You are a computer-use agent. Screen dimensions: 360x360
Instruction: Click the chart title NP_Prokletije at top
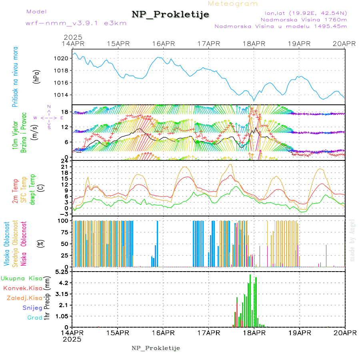coord(170,14)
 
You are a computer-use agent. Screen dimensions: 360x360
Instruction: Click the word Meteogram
coord(233,4)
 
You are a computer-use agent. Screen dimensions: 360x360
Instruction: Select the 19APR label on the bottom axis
coord(299,332)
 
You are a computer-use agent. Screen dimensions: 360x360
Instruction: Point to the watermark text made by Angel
coord(352,240)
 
